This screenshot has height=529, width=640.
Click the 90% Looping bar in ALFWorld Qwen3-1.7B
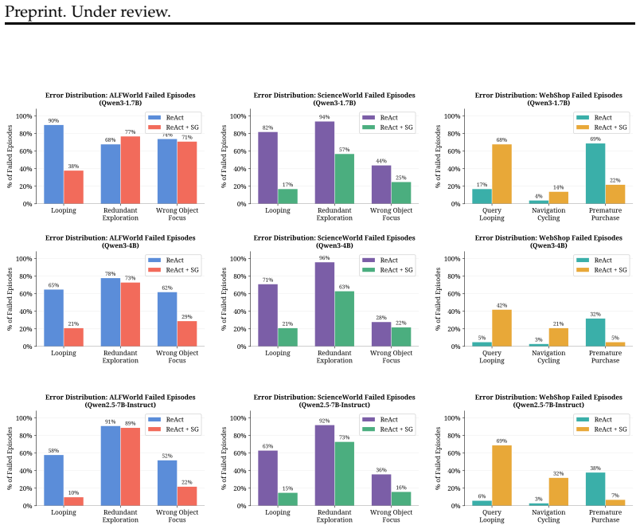53,164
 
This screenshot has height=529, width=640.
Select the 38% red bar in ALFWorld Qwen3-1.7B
73,187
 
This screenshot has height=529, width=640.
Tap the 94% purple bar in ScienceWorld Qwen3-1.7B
325,163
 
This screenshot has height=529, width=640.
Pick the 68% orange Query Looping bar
501,174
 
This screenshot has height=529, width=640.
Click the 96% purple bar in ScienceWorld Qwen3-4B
325,304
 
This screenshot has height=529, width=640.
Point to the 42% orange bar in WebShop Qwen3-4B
501,328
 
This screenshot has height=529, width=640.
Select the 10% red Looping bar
73,501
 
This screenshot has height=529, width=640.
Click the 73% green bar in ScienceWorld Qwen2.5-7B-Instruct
345,474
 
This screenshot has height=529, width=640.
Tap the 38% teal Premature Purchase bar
595,489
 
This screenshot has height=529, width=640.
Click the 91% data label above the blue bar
110,421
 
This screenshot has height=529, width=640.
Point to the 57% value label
344,150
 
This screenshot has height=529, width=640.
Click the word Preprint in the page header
35,12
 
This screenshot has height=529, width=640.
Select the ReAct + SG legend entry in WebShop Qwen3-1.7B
602,127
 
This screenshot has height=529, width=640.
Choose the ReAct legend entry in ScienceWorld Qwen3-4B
380,261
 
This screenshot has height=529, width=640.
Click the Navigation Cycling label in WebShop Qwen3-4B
548,357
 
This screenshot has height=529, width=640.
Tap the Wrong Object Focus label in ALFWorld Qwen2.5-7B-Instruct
178,516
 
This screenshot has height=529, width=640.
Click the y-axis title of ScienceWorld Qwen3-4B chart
224,299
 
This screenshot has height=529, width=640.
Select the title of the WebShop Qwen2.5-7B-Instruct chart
548,401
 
